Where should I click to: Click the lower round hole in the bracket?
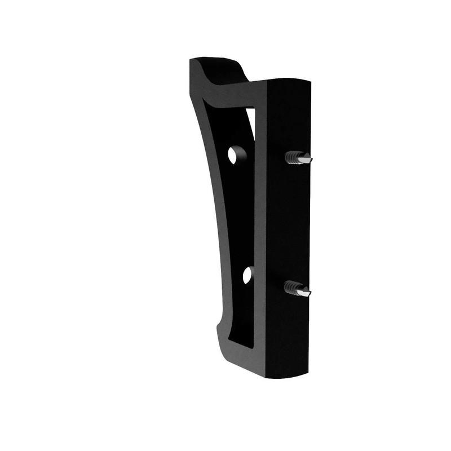(x=247, y=275)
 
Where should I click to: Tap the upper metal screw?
(x=298, y=158)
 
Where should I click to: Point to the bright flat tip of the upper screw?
(x=304, y=160)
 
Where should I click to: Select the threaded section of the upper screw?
(x=292, y=157)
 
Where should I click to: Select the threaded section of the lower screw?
(x=291, y=287)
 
